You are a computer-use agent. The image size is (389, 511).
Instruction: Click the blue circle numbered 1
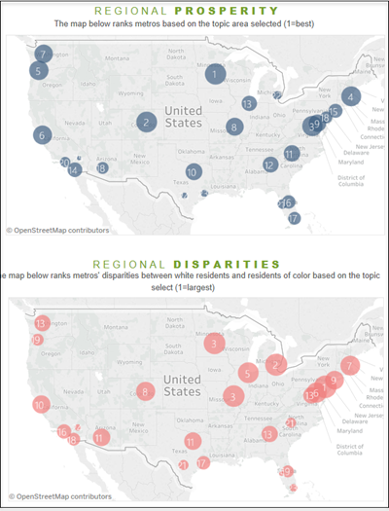[x=214, y=73]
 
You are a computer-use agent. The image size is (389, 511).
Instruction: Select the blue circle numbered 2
[x=147, y=122]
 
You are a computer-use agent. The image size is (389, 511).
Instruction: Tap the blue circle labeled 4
[x=351, y=95]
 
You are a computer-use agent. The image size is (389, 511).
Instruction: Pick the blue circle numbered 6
[x=42, y=135]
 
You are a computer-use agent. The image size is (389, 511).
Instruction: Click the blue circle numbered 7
[x=45, y=54]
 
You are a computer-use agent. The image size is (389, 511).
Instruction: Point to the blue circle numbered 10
[x=194, y=172]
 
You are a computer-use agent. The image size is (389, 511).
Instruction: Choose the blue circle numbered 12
[x=269, y=165]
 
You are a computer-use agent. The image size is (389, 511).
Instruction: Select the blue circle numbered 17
[x=294, y=218]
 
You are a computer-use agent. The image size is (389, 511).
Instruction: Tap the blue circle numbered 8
[x=234, y=127]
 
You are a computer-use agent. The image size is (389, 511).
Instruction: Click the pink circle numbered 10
[x=41, y=404]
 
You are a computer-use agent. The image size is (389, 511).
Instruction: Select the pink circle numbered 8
[x=145, y=392]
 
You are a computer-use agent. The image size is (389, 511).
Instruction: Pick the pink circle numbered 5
[x=248, y=373]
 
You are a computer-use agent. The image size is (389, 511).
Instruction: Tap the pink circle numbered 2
[x=276, y=365]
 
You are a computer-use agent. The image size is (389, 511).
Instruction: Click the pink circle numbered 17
[x=202, y=462]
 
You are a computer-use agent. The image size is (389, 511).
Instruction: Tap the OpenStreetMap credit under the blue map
[x=57, y=231]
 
